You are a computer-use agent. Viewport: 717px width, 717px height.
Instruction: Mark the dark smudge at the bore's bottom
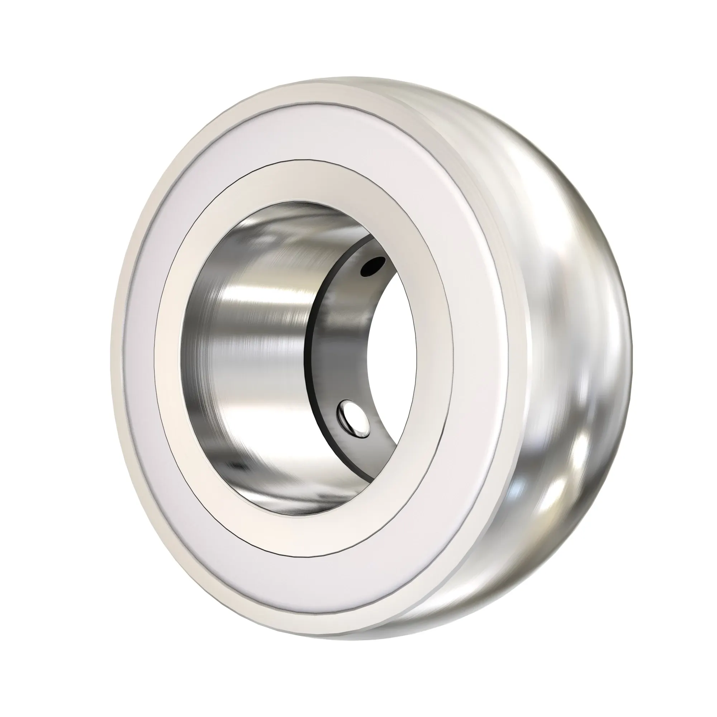click(238, 466)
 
